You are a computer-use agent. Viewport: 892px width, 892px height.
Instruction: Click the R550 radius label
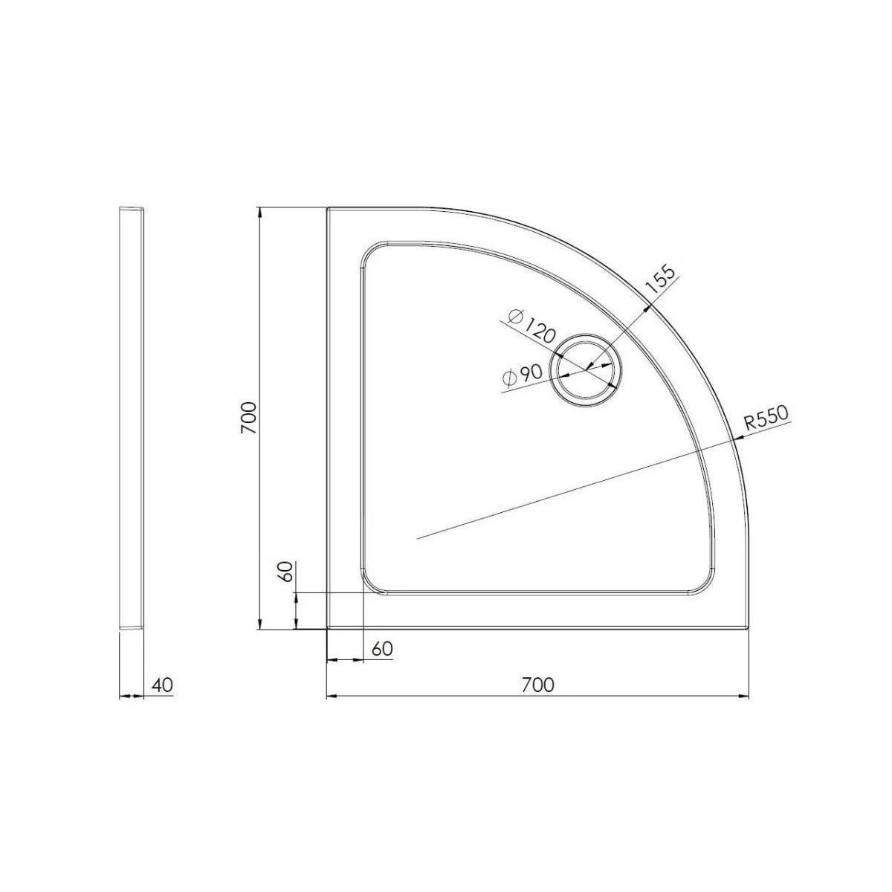click(x=766, y=419)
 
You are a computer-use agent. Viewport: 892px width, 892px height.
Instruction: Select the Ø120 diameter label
click(x=533, y=328)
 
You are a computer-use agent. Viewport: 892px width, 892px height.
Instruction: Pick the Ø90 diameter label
click(x=521, y=376)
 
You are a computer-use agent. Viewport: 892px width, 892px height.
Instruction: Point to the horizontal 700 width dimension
click(x=537, y=685)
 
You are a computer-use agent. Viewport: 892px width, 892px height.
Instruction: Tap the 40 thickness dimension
click(x=163, y=685)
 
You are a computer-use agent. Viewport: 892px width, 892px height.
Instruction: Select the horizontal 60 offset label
click(x=381, y=648)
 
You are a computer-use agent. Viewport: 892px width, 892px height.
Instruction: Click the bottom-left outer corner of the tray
click(x=327, y=629)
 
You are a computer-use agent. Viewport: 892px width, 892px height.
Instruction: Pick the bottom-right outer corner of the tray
click(x=749, y=629)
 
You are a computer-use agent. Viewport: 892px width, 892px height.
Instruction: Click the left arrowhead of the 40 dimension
click(x=123, y=697)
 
